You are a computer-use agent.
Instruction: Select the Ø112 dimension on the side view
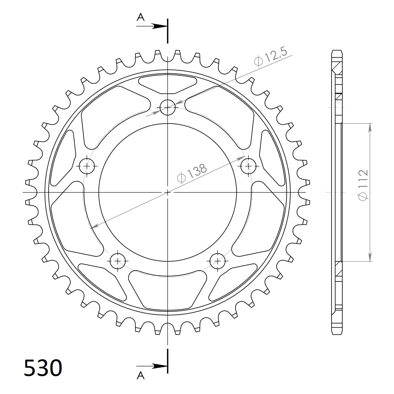click(363, 185)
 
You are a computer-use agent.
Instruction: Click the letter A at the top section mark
click(141, 17)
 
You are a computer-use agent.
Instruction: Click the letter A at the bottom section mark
click(141, 375)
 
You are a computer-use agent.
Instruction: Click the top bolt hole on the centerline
click(168, 107)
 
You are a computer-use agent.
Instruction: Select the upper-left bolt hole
click(87, 166)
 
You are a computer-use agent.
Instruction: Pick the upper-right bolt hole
click(249, 166)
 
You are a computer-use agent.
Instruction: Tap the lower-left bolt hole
click(118, 260)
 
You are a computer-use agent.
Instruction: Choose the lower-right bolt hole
click(218, 260)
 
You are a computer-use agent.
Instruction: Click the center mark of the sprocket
click(168, 192)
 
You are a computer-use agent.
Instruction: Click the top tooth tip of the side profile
click(337, 51)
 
